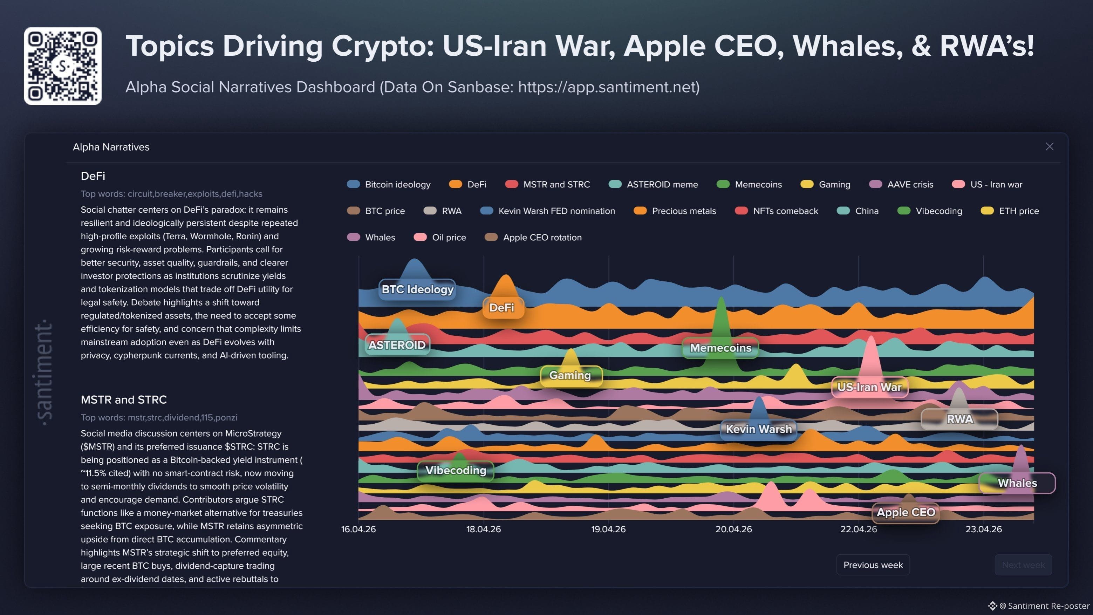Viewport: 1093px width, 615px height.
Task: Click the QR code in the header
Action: (x=62, y=66)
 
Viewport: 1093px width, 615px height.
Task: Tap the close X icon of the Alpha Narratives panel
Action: (x=1049, y=146)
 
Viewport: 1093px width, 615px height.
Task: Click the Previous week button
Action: (x=873, y=565)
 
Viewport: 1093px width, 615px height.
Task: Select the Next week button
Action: (x=1023, y=565)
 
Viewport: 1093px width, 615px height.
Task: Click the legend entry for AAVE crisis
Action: (x=901, y=185)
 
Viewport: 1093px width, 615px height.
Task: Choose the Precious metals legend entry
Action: (x=675, y=211)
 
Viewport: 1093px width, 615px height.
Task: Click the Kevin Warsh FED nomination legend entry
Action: (x=547, y=211)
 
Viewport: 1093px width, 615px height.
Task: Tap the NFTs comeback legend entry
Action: (x=776, y=211)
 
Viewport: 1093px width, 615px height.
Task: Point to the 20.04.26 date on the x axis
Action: (x=733, y=529)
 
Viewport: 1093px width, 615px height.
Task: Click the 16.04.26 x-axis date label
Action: (x=358, y=529)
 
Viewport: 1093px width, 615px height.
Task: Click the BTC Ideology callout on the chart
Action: (x=417, y=289)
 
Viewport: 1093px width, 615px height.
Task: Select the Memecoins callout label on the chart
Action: (x=720, y=348)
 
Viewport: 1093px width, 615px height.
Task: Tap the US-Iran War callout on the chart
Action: (x=869, y=387)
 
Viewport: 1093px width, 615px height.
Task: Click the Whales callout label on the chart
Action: (x=1017, y=483)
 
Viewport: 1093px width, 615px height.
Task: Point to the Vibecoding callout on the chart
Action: (x=455, y=470)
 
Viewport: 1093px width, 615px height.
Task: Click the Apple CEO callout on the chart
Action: (x=906, y=512)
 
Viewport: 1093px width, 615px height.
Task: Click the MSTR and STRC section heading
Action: (x=123, y=400)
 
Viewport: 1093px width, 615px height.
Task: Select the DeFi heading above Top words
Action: (x=93, y=176)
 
